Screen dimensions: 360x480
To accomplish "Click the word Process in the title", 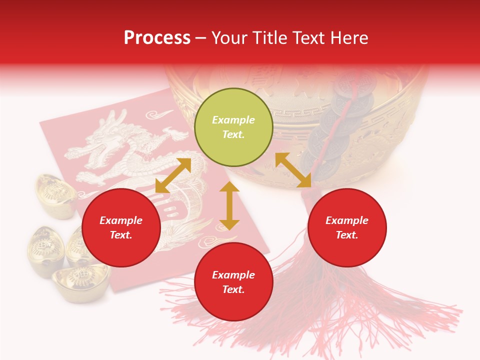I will [x=157, y=38].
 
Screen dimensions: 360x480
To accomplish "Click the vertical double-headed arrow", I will [x=229, y=206].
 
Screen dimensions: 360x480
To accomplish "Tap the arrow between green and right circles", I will [x=293, y=170].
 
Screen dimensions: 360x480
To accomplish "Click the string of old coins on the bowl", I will [x=345, y=115].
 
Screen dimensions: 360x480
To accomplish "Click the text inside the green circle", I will [x=233, y=127].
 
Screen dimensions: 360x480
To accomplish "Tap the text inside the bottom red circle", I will [x=233, y=282].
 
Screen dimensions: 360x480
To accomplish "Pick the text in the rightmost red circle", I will [x=347, y=227].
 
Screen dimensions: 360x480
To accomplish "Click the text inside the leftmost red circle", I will [x=121, y=227].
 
